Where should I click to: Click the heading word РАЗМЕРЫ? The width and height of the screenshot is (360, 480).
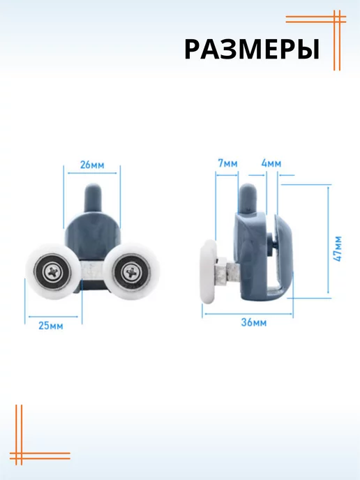252,50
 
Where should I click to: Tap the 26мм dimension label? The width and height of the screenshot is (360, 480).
92,165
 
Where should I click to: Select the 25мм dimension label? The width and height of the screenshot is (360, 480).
51,325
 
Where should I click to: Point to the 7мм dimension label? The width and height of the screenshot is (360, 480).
227,163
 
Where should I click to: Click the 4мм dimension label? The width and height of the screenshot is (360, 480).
271,163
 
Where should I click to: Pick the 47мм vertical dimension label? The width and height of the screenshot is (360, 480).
338,248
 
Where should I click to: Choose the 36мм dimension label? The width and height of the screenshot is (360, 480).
254,322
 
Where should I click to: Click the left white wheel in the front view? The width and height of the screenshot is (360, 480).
54,271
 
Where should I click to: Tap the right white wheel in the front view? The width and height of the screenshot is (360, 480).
132,271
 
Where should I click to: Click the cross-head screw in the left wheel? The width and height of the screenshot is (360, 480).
54,272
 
